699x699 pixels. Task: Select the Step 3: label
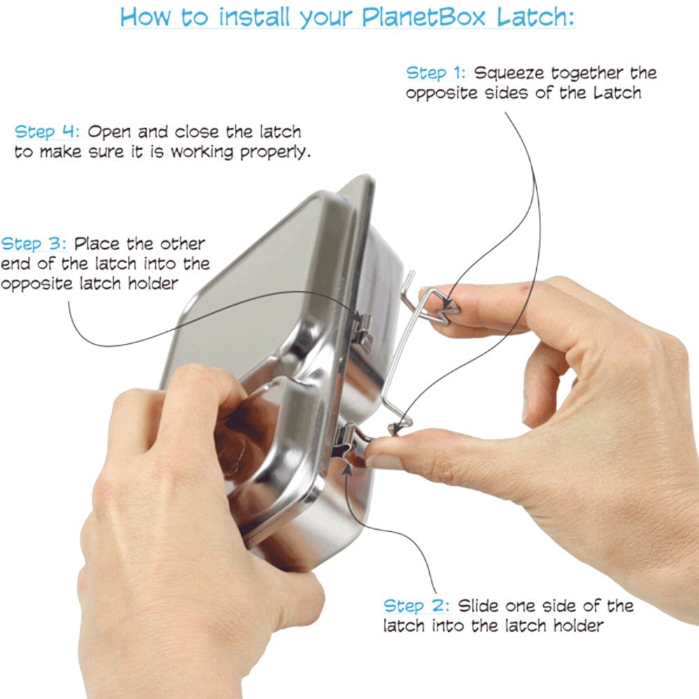pyautogui.click(x=34, y=245)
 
